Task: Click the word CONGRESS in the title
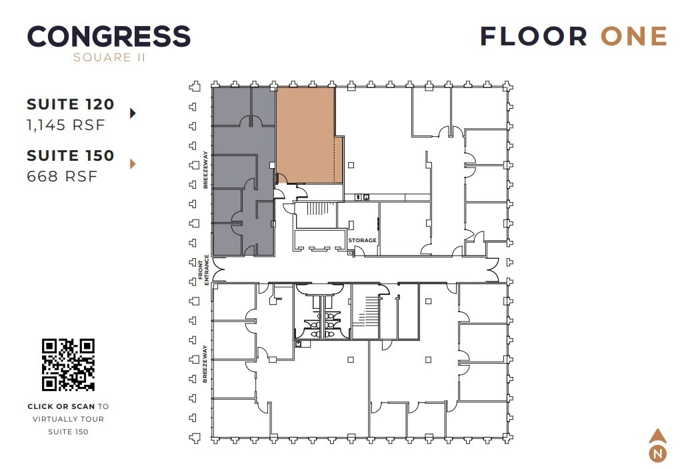coord(109,36)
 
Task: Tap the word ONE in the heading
coord(633,36)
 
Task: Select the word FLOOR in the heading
coord(533,36)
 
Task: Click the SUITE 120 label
coord(71,104)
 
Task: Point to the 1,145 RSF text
coord(66,125)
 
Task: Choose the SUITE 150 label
coord(71,155)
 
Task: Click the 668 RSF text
coord(62,176)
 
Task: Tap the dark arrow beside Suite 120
coord(133,113)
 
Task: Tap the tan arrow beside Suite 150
coord(133,163)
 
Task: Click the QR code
coord(68,364)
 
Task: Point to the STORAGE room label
coord(362,240)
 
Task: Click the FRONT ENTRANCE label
coord(203,270)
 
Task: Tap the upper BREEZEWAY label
coord(206,170)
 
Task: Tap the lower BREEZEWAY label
coord(204,364)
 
